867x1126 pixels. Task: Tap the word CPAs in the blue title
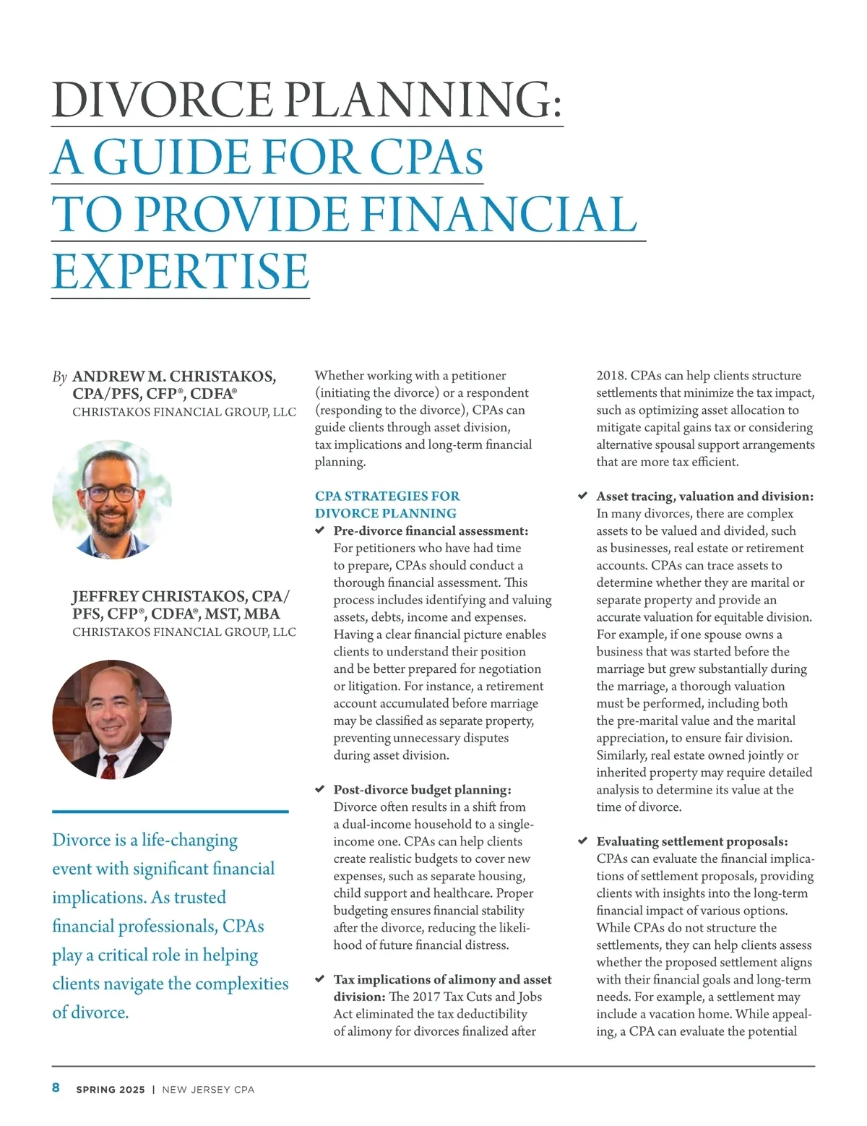click(x=426, y=157)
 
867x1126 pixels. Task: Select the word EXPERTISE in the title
click(x=181, y=272)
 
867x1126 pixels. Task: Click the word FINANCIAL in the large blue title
click(x=498, y=215)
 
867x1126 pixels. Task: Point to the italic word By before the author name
click(x=59, y=377)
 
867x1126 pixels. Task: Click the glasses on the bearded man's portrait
click(x=110, y=493)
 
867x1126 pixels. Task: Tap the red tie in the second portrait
click(x=110, y=765)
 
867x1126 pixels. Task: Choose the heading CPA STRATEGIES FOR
click(x=387, y=496)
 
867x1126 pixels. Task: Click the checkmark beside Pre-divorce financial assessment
click(x=320, y=530)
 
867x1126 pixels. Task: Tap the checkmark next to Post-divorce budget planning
click(x=320, y=789)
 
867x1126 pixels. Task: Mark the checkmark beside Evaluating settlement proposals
click(x=583, y=841)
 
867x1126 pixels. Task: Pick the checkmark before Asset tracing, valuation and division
click(x=583, y=496)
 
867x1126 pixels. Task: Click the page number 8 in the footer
click(x=56, y=1088)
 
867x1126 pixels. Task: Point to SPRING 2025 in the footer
click(x=111, y=1089)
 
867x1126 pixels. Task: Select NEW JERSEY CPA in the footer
click(x=208, y=1089)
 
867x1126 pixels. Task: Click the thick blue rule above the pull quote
click(x=170, y=812)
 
